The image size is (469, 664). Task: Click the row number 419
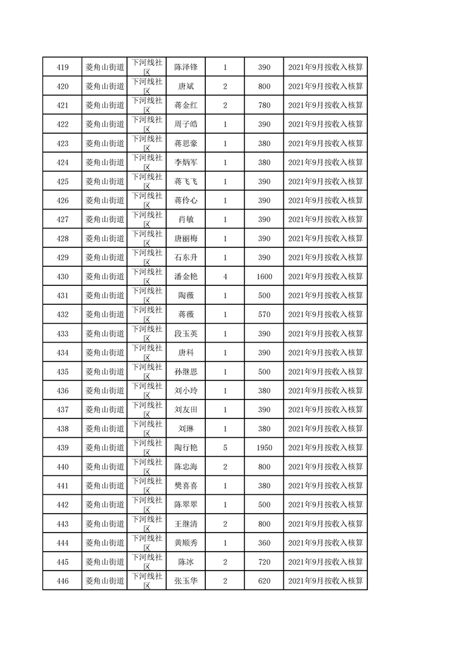[x=62, y=67]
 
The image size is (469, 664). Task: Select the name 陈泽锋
[x=186, y=67]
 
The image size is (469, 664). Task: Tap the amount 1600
[x=264, y=276]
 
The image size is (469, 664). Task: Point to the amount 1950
[x=264, y=448]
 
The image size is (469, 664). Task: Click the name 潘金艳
[x=186, y=276]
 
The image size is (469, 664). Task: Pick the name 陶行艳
[x=186, y=448]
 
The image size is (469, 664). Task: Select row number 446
[x=62, y=581]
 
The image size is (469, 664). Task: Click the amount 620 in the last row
[x=264, y=581]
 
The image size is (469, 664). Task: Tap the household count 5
[x=225, y=448]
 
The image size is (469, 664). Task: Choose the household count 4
[x=225, y=276]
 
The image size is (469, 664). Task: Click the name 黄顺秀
[x=186, y=543]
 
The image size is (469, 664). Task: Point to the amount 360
[x=264, y=543]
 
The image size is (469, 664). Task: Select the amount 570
[x=264, y=314]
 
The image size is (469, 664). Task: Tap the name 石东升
[x=186, y=257]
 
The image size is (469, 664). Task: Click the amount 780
[x=264, y=105]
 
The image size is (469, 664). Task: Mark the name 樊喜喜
[x=186, y=486]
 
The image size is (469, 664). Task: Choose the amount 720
[x=264, y=562]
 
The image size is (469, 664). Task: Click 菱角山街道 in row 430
[x=105, y=276]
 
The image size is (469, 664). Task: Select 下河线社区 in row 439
[x=147, y=448]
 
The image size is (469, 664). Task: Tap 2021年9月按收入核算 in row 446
[x=325, y=581]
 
